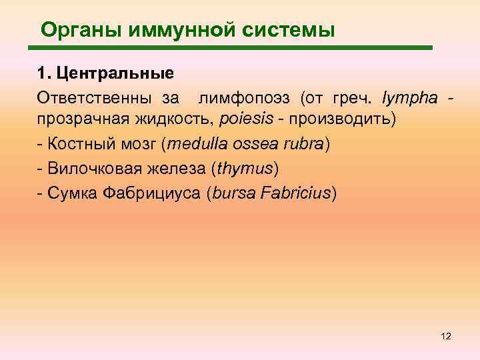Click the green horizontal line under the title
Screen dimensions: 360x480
230,48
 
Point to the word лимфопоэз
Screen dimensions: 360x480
243,99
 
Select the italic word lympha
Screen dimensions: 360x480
410,99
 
